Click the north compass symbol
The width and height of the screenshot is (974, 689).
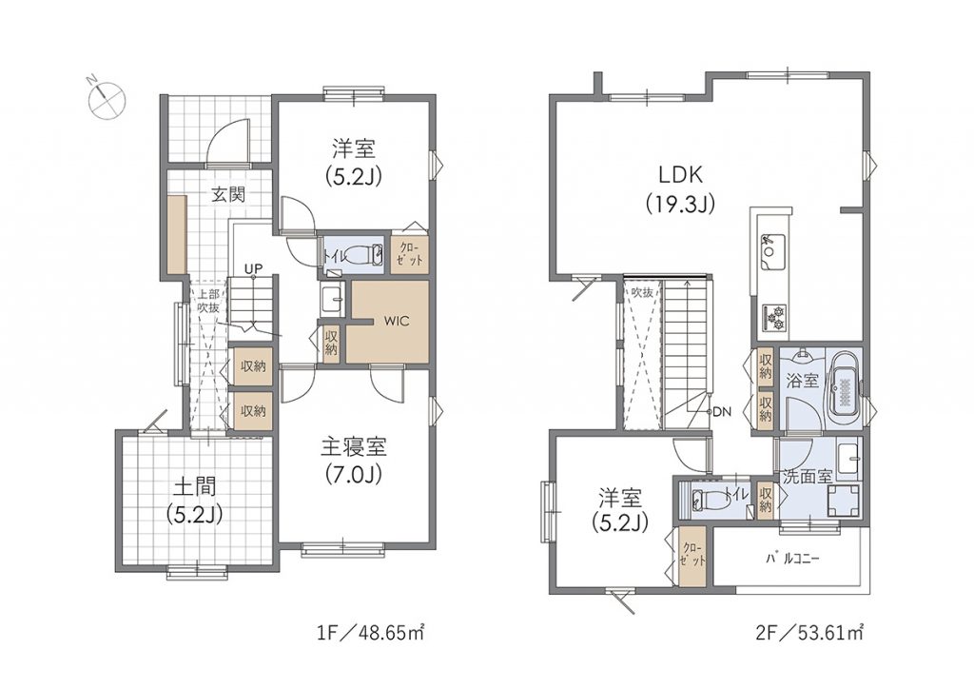[107, 98]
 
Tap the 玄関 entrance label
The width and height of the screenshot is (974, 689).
[228, 194]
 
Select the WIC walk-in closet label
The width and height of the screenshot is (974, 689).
[397, 322]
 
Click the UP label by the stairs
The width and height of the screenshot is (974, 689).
[253, 268]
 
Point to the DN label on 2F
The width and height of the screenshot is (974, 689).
[723, 411]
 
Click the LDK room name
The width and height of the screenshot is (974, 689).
[680, 174]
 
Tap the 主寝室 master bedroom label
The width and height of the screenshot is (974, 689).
[354, 447]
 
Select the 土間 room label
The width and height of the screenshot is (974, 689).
[194, 486]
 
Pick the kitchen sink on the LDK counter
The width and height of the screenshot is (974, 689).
[769, 251]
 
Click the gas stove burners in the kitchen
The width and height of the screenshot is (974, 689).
[774, 318]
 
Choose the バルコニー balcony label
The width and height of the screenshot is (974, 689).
[792, 559]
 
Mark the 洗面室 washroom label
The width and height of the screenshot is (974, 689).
[807, 477]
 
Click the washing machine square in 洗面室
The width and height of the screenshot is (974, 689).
[843, 501]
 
